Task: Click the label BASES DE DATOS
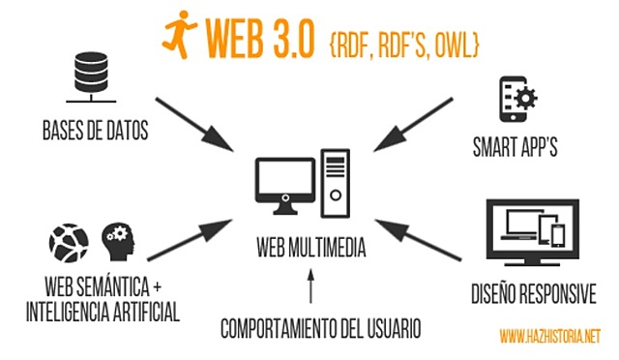coord(95,130)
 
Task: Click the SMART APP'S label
coord(516,150)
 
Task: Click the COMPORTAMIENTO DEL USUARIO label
coord(320,328)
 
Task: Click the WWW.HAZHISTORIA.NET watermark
coord(549,337)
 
